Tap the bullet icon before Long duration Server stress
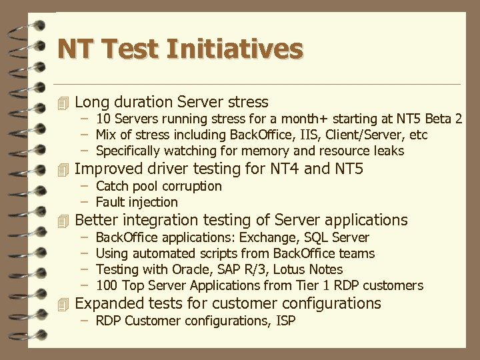point(63,103)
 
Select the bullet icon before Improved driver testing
point(63,169)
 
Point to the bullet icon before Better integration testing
point(63,221)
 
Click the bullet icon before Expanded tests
point(63,304)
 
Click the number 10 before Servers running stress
point(103,119)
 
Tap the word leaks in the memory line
point(389,151)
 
